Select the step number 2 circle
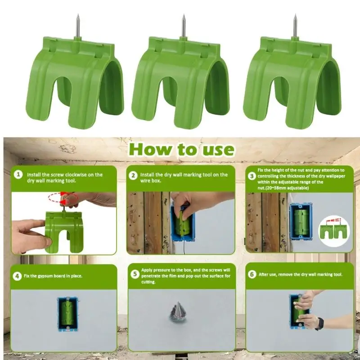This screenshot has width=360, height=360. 134,174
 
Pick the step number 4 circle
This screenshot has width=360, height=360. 18,275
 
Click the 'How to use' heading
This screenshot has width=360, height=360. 181,149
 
